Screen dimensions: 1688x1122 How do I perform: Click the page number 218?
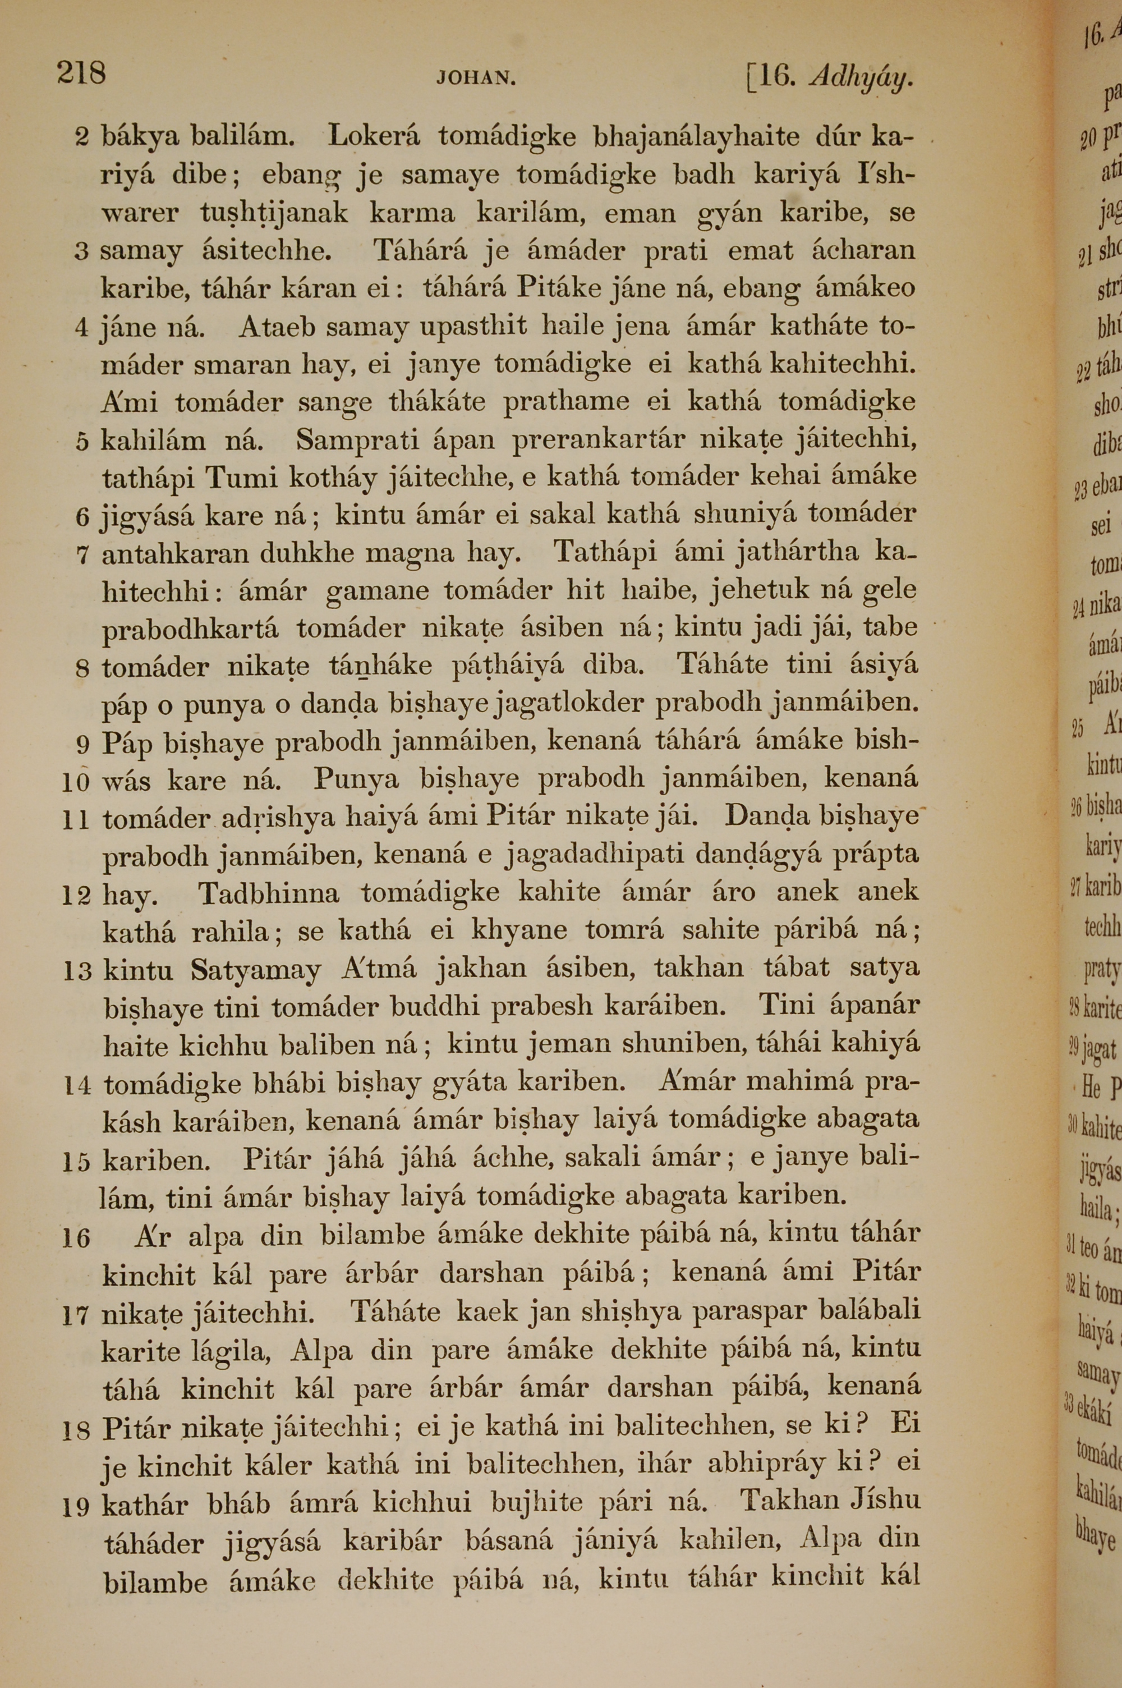tap(81, 73)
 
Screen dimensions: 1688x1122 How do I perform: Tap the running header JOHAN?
tap(476, 77)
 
